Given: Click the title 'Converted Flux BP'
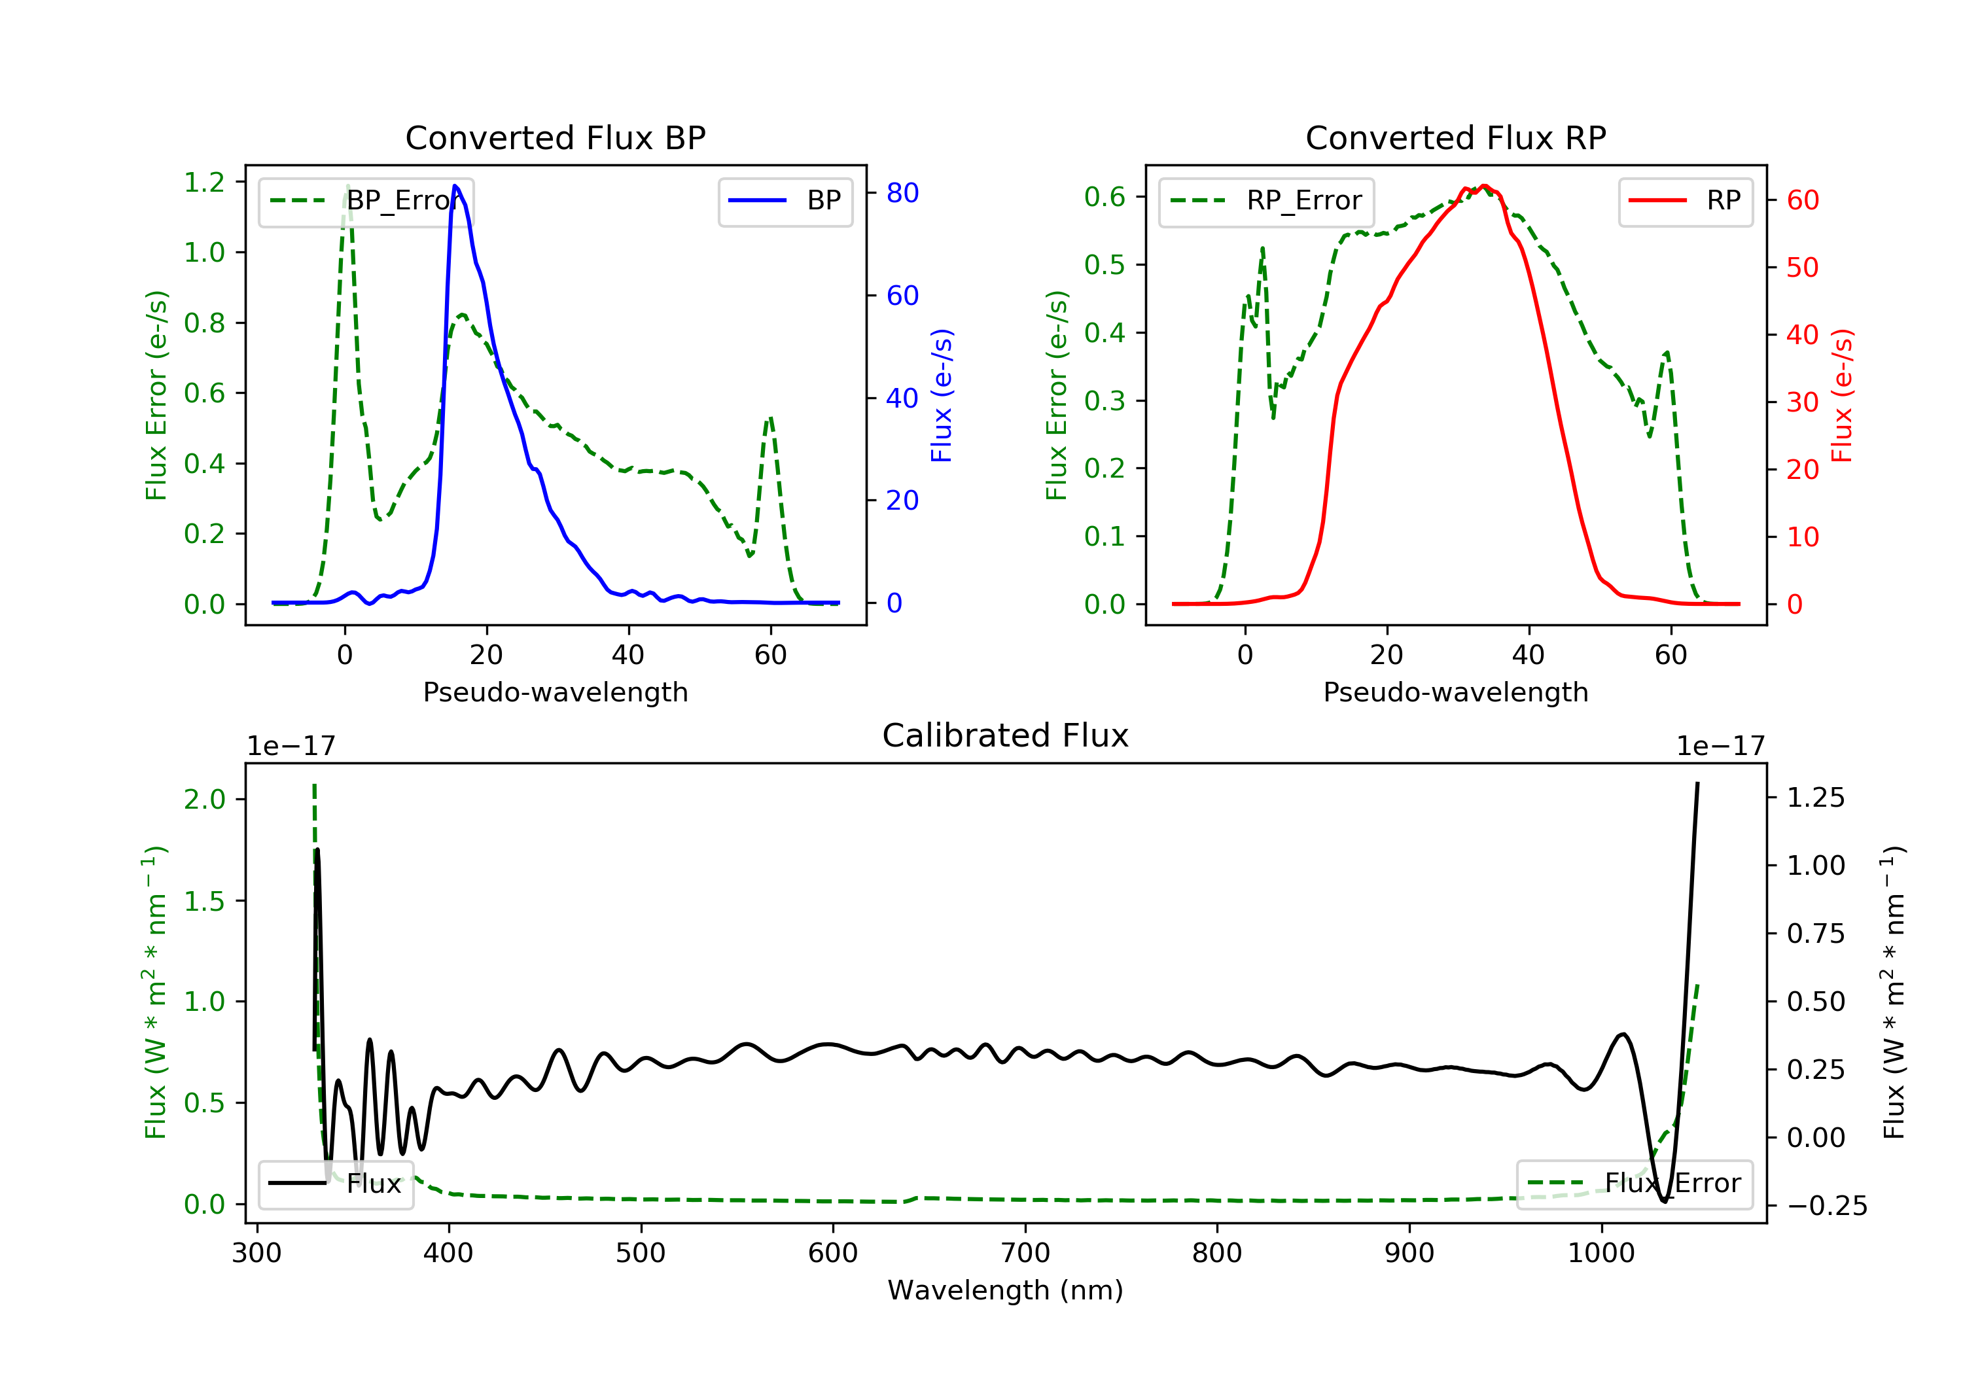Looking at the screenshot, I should pos(555,137).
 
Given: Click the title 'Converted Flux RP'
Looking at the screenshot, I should pos(1455,137).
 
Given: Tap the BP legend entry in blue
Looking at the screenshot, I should pos(785,201).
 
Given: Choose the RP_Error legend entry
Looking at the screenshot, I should pos(1265,201).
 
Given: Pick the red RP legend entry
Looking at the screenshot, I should pos(1684,201).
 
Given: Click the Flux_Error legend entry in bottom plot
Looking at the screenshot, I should pos(1634,1184).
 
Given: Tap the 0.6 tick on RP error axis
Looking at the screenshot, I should pos(1105,197).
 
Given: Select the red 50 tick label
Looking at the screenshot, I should pos(1802,268).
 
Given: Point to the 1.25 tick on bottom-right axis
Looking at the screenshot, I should pos(1816,798).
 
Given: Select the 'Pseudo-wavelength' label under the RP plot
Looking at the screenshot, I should pos(1455,692).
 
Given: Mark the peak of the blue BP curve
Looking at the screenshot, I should pos(455,186).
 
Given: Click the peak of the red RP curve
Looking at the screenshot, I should pos(1484,186).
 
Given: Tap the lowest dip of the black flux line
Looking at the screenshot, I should pos(1664,1201).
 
